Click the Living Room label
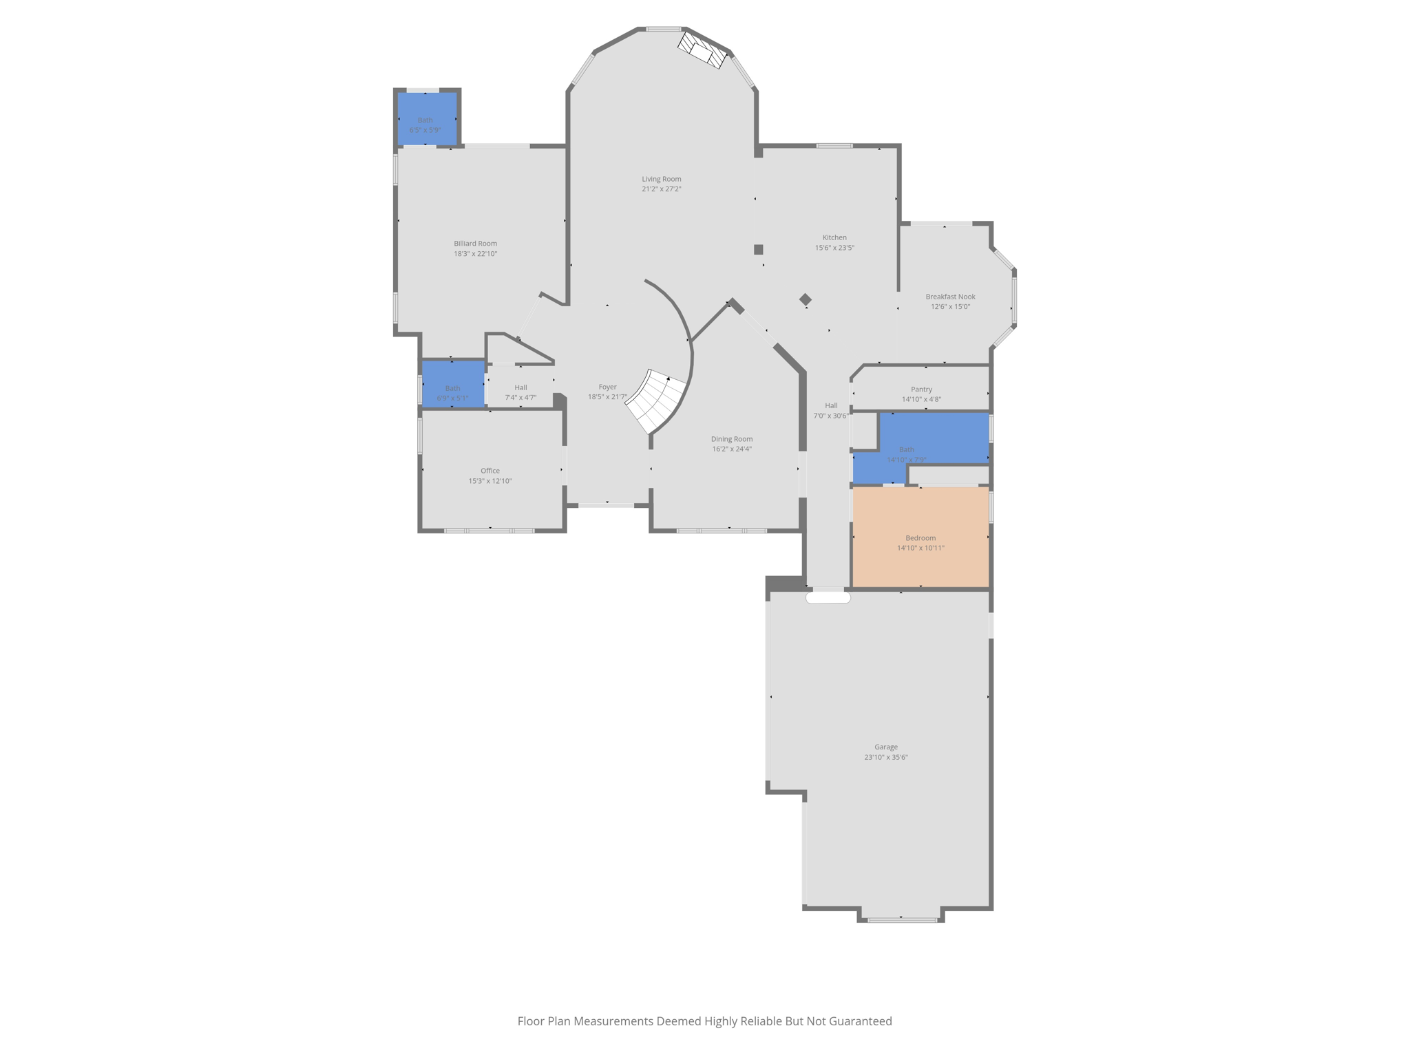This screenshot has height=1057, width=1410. click(x=661, y=179)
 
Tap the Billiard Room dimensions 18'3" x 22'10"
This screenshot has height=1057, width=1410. click(x=475, y=254)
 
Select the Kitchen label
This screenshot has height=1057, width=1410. click(x=834, y=237)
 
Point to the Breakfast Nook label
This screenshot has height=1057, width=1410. click(x=950, y=297)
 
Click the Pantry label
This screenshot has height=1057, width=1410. click(x=921, y=389)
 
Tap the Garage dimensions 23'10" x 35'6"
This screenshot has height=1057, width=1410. click(x=886, y=757)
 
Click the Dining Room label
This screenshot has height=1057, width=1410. click(x=731, y=439)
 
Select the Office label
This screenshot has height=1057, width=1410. click(x=490, y=471)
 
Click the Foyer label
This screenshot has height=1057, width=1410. click(x=607, y=387)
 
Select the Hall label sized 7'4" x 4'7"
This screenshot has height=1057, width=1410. click(x=520, y=387)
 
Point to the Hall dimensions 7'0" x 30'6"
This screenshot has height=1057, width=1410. click(x=831, y=416)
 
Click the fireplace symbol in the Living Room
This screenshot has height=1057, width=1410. click(x=702, y=50)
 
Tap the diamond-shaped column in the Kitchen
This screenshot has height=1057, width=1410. click(x=806, y=299)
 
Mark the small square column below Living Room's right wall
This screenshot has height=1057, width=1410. click(x=758, y=250)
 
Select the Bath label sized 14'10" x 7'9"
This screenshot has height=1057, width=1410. click(x=906, y=449)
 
